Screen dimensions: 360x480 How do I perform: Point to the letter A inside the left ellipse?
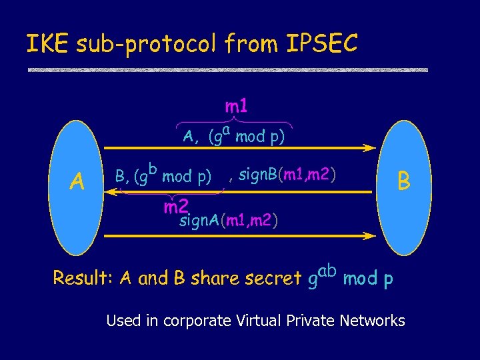point(78,181)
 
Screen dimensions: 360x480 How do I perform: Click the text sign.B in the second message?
point(256,176)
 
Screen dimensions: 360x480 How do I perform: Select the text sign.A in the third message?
point(199,220)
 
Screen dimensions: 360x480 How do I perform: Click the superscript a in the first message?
point(227,129)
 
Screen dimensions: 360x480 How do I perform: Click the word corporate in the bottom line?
point(193,321)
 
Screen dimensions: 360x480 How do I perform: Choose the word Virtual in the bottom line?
point(259,321)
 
